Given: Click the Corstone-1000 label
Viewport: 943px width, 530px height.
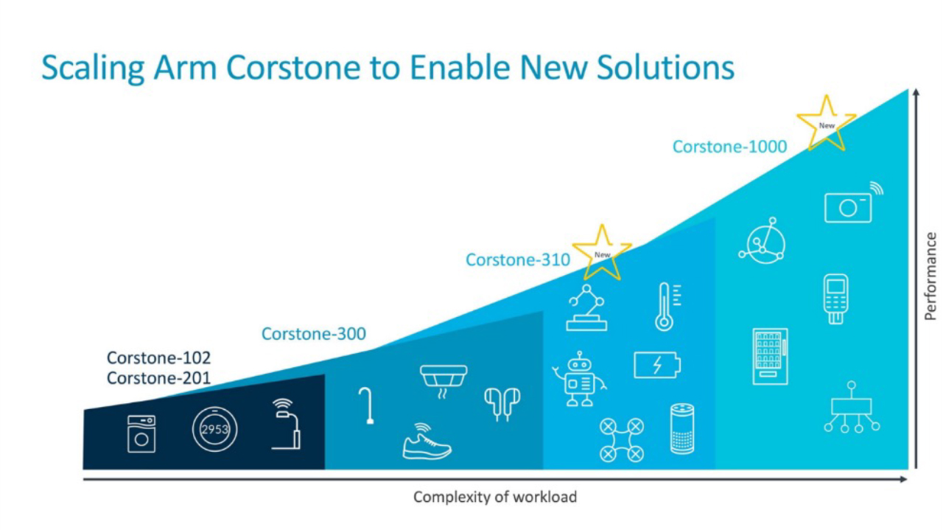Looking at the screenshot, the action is click(x=729, y=147).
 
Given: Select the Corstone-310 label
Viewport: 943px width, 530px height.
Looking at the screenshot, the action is click(x=518, y=259).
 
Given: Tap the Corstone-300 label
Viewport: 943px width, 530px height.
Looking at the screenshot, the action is click(x=314, y=334).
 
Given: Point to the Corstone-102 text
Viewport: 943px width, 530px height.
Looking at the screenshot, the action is click(x=158, y=358).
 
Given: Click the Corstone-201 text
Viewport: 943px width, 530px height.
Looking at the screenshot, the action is click(x=158, y=378).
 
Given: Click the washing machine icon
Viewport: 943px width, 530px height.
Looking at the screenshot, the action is click(x=141, y=434).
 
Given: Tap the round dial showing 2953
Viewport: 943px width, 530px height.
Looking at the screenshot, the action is click(x=214, y=429).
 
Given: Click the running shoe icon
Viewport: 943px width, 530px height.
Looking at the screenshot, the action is click(x=427, y=441).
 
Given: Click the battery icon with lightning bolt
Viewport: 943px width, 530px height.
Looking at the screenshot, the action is click(x=657, y=365).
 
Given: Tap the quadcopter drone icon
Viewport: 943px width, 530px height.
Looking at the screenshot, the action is click(x=621, y=440).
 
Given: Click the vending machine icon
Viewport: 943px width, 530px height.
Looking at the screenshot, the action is click(x=770, y=357).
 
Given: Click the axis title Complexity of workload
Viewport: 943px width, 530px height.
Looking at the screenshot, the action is click(x=495, y=497).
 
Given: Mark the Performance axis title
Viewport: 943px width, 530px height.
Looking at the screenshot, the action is click(x=930, y=276).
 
